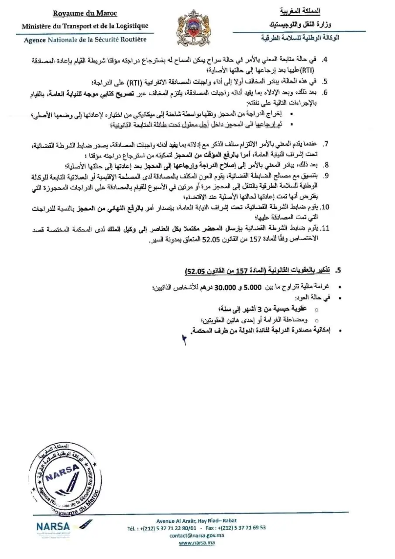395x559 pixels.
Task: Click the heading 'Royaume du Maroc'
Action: [x=85, y=14]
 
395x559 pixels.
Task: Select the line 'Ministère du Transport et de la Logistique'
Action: [x=85, y=26]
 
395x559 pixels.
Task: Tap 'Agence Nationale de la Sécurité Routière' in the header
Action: [x=85, y=39]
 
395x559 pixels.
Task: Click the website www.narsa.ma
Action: [x=197, y=543]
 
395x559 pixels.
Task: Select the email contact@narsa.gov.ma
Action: [x=197, y=535]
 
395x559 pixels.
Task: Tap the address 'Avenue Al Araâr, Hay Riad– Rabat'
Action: [x=197, y=520]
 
